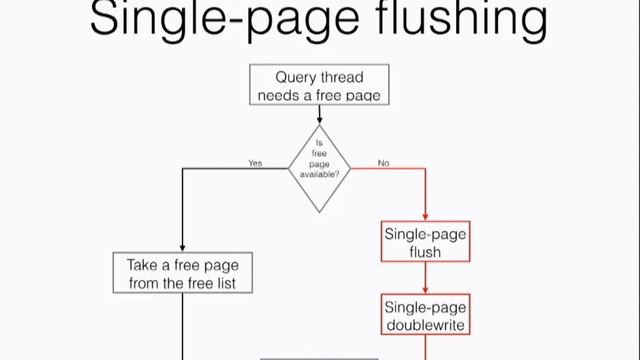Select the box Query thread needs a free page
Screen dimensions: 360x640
tap(319, 86)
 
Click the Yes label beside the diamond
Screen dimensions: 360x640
tap(255, 162)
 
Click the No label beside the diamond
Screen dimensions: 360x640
tap(383, 162)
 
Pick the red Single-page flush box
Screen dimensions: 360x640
tap(425, 243)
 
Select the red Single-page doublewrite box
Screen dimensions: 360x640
tap(425, 315)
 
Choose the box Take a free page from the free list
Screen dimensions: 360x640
tap(183, 274)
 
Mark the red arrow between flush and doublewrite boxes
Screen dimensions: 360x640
tap(425, 280)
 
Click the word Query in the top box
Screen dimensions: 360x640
tap(297, 77)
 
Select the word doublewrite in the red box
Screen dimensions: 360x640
tap(425, 325)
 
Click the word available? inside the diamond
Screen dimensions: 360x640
tap(319, 175)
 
